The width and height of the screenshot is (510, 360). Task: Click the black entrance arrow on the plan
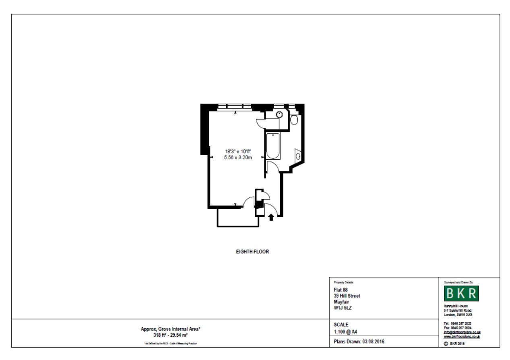tap(271, 217)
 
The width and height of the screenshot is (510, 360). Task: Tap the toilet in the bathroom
tap(294, 119)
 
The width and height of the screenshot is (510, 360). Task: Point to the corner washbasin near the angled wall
tap(298, 155)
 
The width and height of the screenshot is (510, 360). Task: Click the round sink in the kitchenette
tap(279, 114)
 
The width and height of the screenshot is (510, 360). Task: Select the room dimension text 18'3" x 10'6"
tap(237, 152)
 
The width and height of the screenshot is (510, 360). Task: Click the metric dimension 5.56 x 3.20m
tap(237, 158)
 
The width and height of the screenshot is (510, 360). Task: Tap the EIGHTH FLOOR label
tap(252, 252)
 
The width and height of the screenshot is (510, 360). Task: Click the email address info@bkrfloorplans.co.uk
tap(462, 332)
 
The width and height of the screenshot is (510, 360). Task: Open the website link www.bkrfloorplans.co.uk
tap(462, 336)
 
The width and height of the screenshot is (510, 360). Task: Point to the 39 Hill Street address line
tap(347, 296)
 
